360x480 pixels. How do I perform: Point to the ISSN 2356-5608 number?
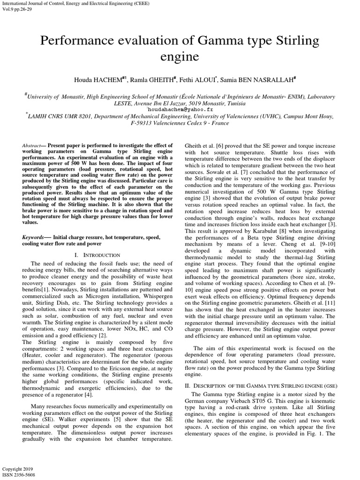[19, 474]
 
